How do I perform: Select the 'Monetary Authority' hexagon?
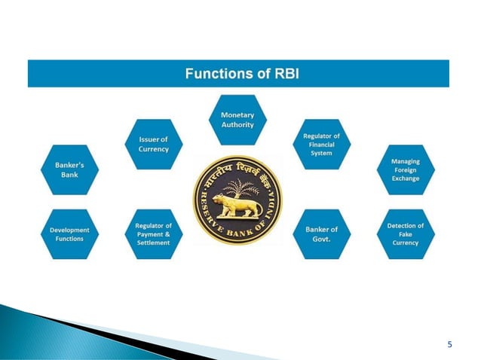click(x=237, y=120)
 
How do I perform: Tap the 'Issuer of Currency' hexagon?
click(x=153, y=144)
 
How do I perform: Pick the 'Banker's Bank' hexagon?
click(x=69, y=169)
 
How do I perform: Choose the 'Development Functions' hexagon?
click(x=69, y=234)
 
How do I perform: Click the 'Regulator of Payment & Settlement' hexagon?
click(x=153, y=234)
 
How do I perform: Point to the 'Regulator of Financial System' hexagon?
click(x=322, y=144)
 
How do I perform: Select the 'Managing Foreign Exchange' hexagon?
click(x=406, y=169)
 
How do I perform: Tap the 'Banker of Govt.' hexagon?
click(x=322, y=234)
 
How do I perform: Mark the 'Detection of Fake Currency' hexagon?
click(x=406, y=234)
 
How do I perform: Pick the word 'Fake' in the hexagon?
click(x=406, y=234)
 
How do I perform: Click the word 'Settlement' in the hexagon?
click(x=153, y=243)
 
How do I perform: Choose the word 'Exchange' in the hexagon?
click(x=406, y=178)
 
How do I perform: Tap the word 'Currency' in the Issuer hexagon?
click(x=153, y=148)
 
